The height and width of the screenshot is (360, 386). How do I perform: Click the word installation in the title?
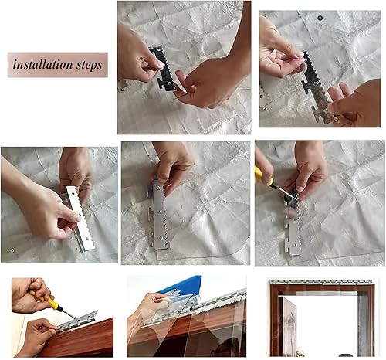(x=43, y=64)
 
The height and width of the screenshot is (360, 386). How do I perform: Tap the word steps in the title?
(x=90, y=65)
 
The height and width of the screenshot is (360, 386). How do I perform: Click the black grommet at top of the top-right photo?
(x=320, y=18)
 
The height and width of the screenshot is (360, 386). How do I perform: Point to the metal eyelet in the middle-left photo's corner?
(x=12, y=250)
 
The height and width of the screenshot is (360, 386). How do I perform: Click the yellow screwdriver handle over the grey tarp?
(x=264, y=176)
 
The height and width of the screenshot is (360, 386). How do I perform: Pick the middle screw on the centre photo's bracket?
(x=161, y=212)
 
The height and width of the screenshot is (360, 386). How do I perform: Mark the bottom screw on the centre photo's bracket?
(x=161, y=239)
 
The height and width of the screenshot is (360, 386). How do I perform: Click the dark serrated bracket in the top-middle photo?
(x=164, y=69)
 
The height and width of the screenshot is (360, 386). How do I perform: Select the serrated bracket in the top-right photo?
(x=319, y=87)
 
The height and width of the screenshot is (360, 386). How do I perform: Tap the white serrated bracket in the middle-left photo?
(x=80, y=219)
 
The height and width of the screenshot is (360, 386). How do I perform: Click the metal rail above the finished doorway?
(x=321, y=281)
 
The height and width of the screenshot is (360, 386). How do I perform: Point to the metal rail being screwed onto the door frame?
(x=77, y=321)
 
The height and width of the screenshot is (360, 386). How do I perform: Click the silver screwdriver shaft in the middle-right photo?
(x=283, y=191)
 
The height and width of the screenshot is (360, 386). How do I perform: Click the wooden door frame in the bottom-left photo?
(x=77, y=339)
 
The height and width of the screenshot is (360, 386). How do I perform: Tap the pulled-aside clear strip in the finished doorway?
(x=287, y=327)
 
